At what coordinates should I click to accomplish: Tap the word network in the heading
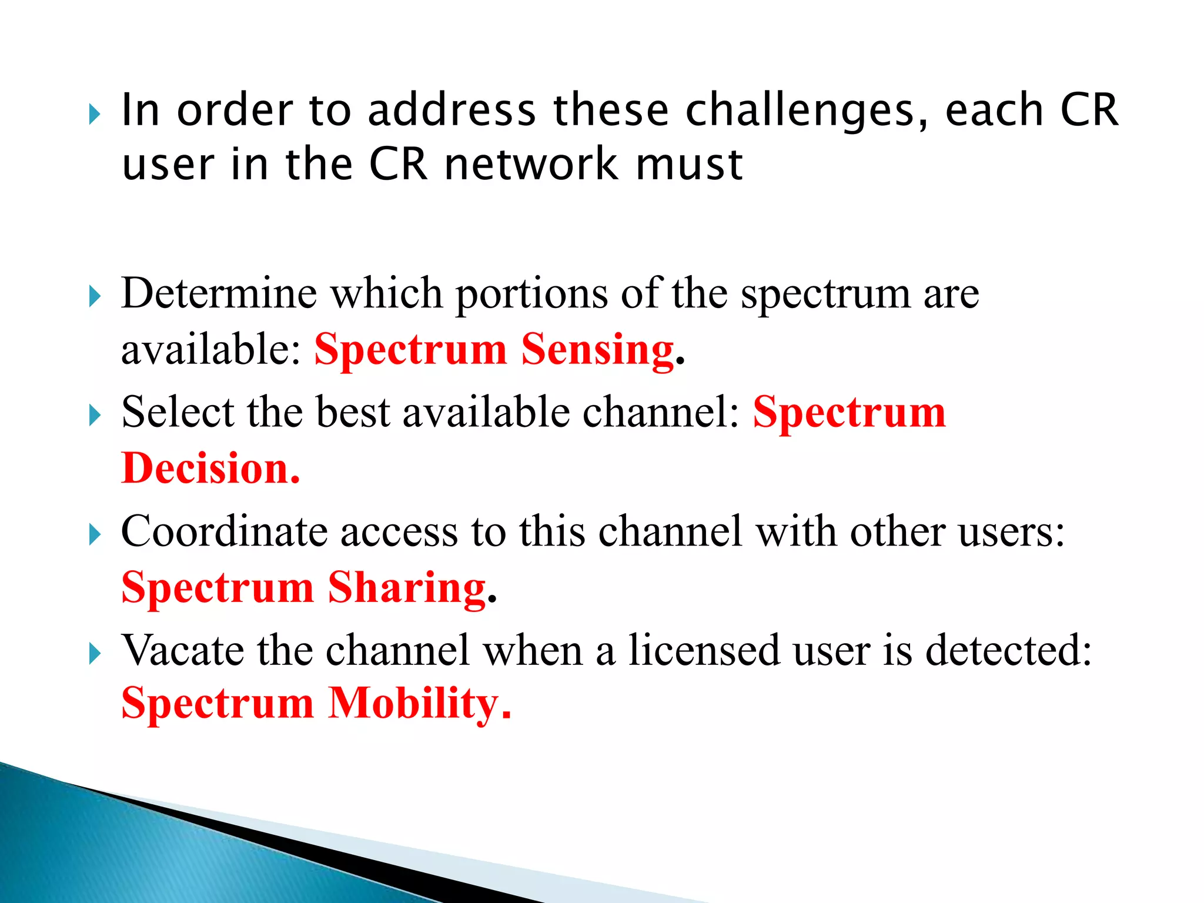point(530,165)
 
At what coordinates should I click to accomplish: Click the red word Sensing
point(597,350)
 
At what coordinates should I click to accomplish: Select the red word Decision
point(210,469)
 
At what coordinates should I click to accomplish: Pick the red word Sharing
point(407,588)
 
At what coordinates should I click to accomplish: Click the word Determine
point(219,293)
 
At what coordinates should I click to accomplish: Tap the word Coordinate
point(223,532)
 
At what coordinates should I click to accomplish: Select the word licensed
point(703,651)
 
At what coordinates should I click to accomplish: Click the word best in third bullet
point(353,413)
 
